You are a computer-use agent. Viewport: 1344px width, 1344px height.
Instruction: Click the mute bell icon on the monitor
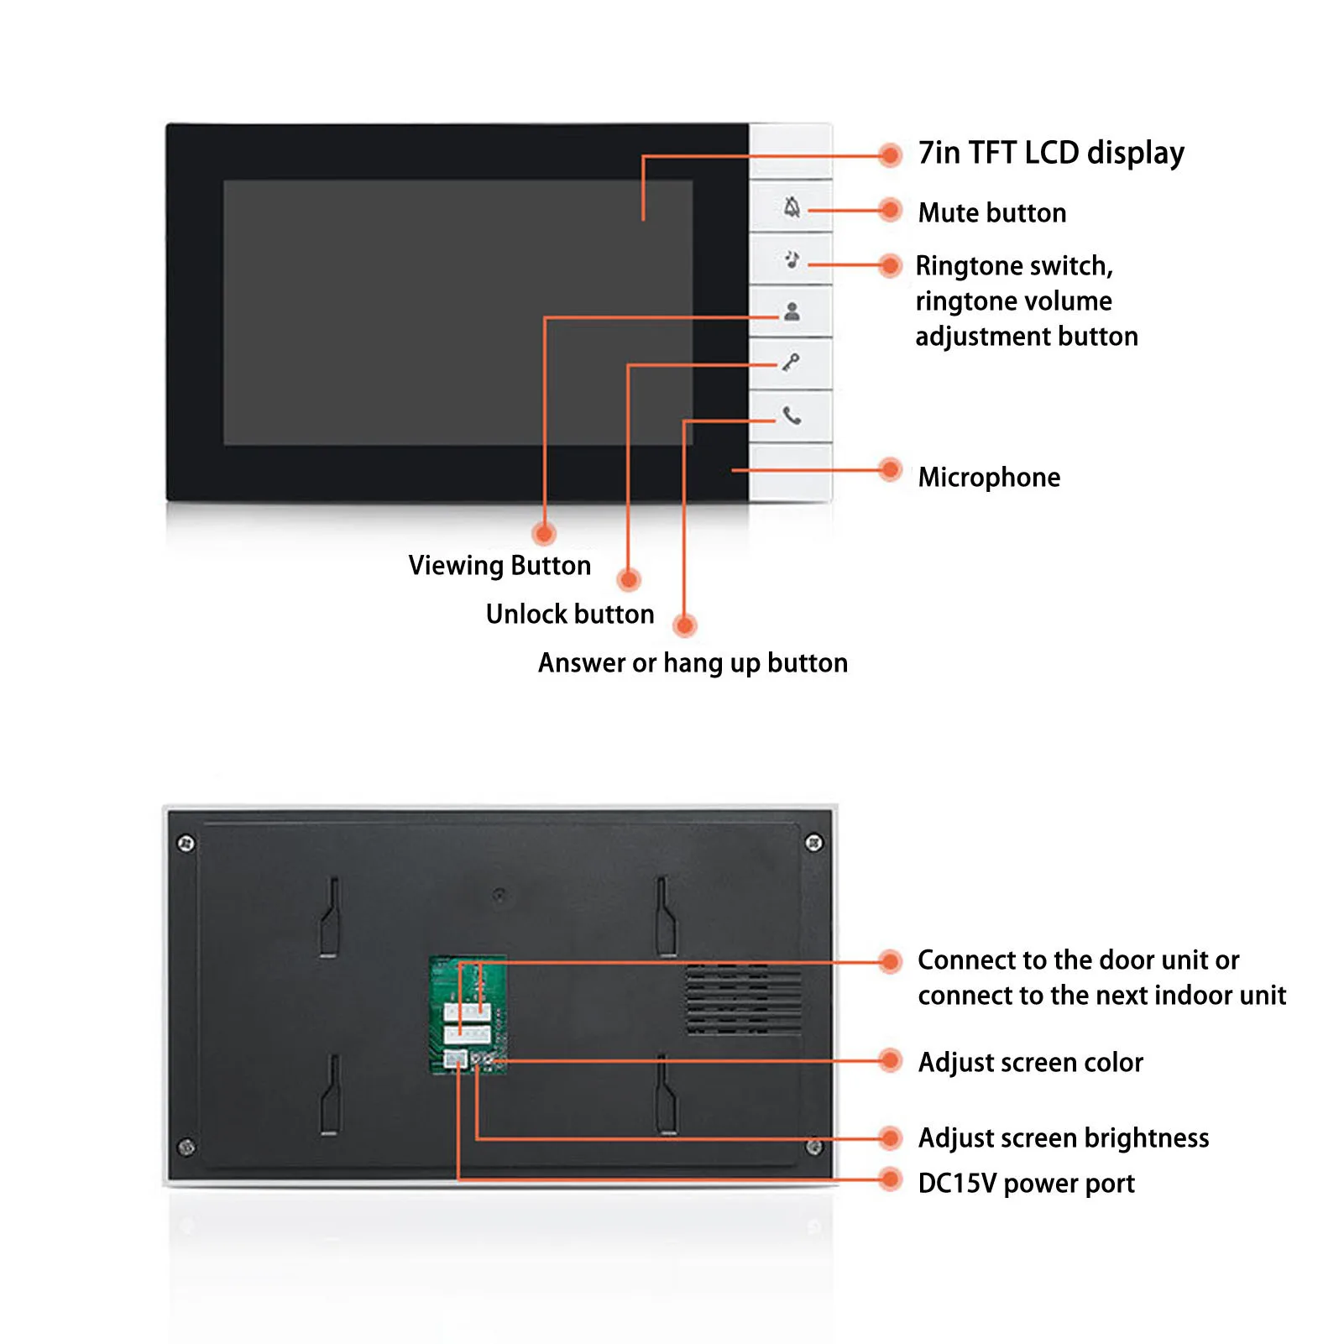click(792, 207)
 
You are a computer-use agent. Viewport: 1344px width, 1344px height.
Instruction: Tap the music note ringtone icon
click(792, 259)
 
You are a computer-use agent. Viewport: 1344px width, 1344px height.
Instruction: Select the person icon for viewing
click(792, 312)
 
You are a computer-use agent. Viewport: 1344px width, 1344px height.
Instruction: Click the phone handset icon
click(792, 416)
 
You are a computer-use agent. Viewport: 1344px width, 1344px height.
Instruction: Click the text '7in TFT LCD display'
click(1051, 154)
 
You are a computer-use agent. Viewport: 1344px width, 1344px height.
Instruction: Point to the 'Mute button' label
click(992, 213)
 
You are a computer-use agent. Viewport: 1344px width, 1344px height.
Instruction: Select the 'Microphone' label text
click(989, 478)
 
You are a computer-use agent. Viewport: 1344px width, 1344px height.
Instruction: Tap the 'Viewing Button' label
click(499, 566)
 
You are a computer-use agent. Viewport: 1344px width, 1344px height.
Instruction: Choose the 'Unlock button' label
click(570, 614)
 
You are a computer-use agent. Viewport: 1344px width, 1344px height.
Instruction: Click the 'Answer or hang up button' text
click(693, 663)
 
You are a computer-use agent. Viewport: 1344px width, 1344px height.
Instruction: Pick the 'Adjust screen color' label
click(1030, 1063)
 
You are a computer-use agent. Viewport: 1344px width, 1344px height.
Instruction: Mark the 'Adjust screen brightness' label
click(1064, 1138)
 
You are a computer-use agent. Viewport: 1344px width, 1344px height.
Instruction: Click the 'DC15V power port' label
click(1026, 1184)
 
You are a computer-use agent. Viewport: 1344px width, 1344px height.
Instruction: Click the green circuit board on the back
click(468, 1015)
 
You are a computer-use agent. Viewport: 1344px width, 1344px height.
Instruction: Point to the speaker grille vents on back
click(744, 1000)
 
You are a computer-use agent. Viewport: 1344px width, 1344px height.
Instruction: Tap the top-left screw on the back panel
click(186, 843)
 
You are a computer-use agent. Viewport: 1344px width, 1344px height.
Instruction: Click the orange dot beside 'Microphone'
click(890, 470)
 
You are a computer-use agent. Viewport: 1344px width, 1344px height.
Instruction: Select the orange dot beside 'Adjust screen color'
click(890, 1061)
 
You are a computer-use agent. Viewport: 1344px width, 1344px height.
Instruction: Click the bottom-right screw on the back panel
click(813, 1147)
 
